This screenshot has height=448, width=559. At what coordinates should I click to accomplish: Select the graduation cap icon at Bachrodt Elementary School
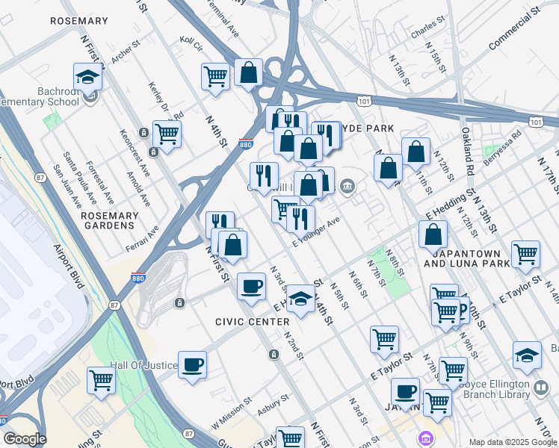(x=87, y=77)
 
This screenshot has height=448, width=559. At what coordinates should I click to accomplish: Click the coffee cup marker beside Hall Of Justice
(x=193, y=364)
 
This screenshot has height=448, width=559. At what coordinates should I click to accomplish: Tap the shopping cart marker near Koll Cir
(x=215, y=75)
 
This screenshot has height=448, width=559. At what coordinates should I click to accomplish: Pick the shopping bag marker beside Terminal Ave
(x=249, y=72)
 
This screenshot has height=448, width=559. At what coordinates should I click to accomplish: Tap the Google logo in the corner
(x=25, y=439)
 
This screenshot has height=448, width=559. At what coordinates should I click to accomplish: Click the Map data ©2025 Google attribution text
(x=512, y=442)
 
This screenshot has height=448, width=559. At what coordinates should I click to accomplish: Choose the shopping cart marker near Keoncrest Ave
(x=167, y=134)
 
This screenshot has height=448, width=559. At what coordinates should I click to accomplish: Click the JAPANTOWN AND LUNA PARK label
(x=467, y=258)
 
